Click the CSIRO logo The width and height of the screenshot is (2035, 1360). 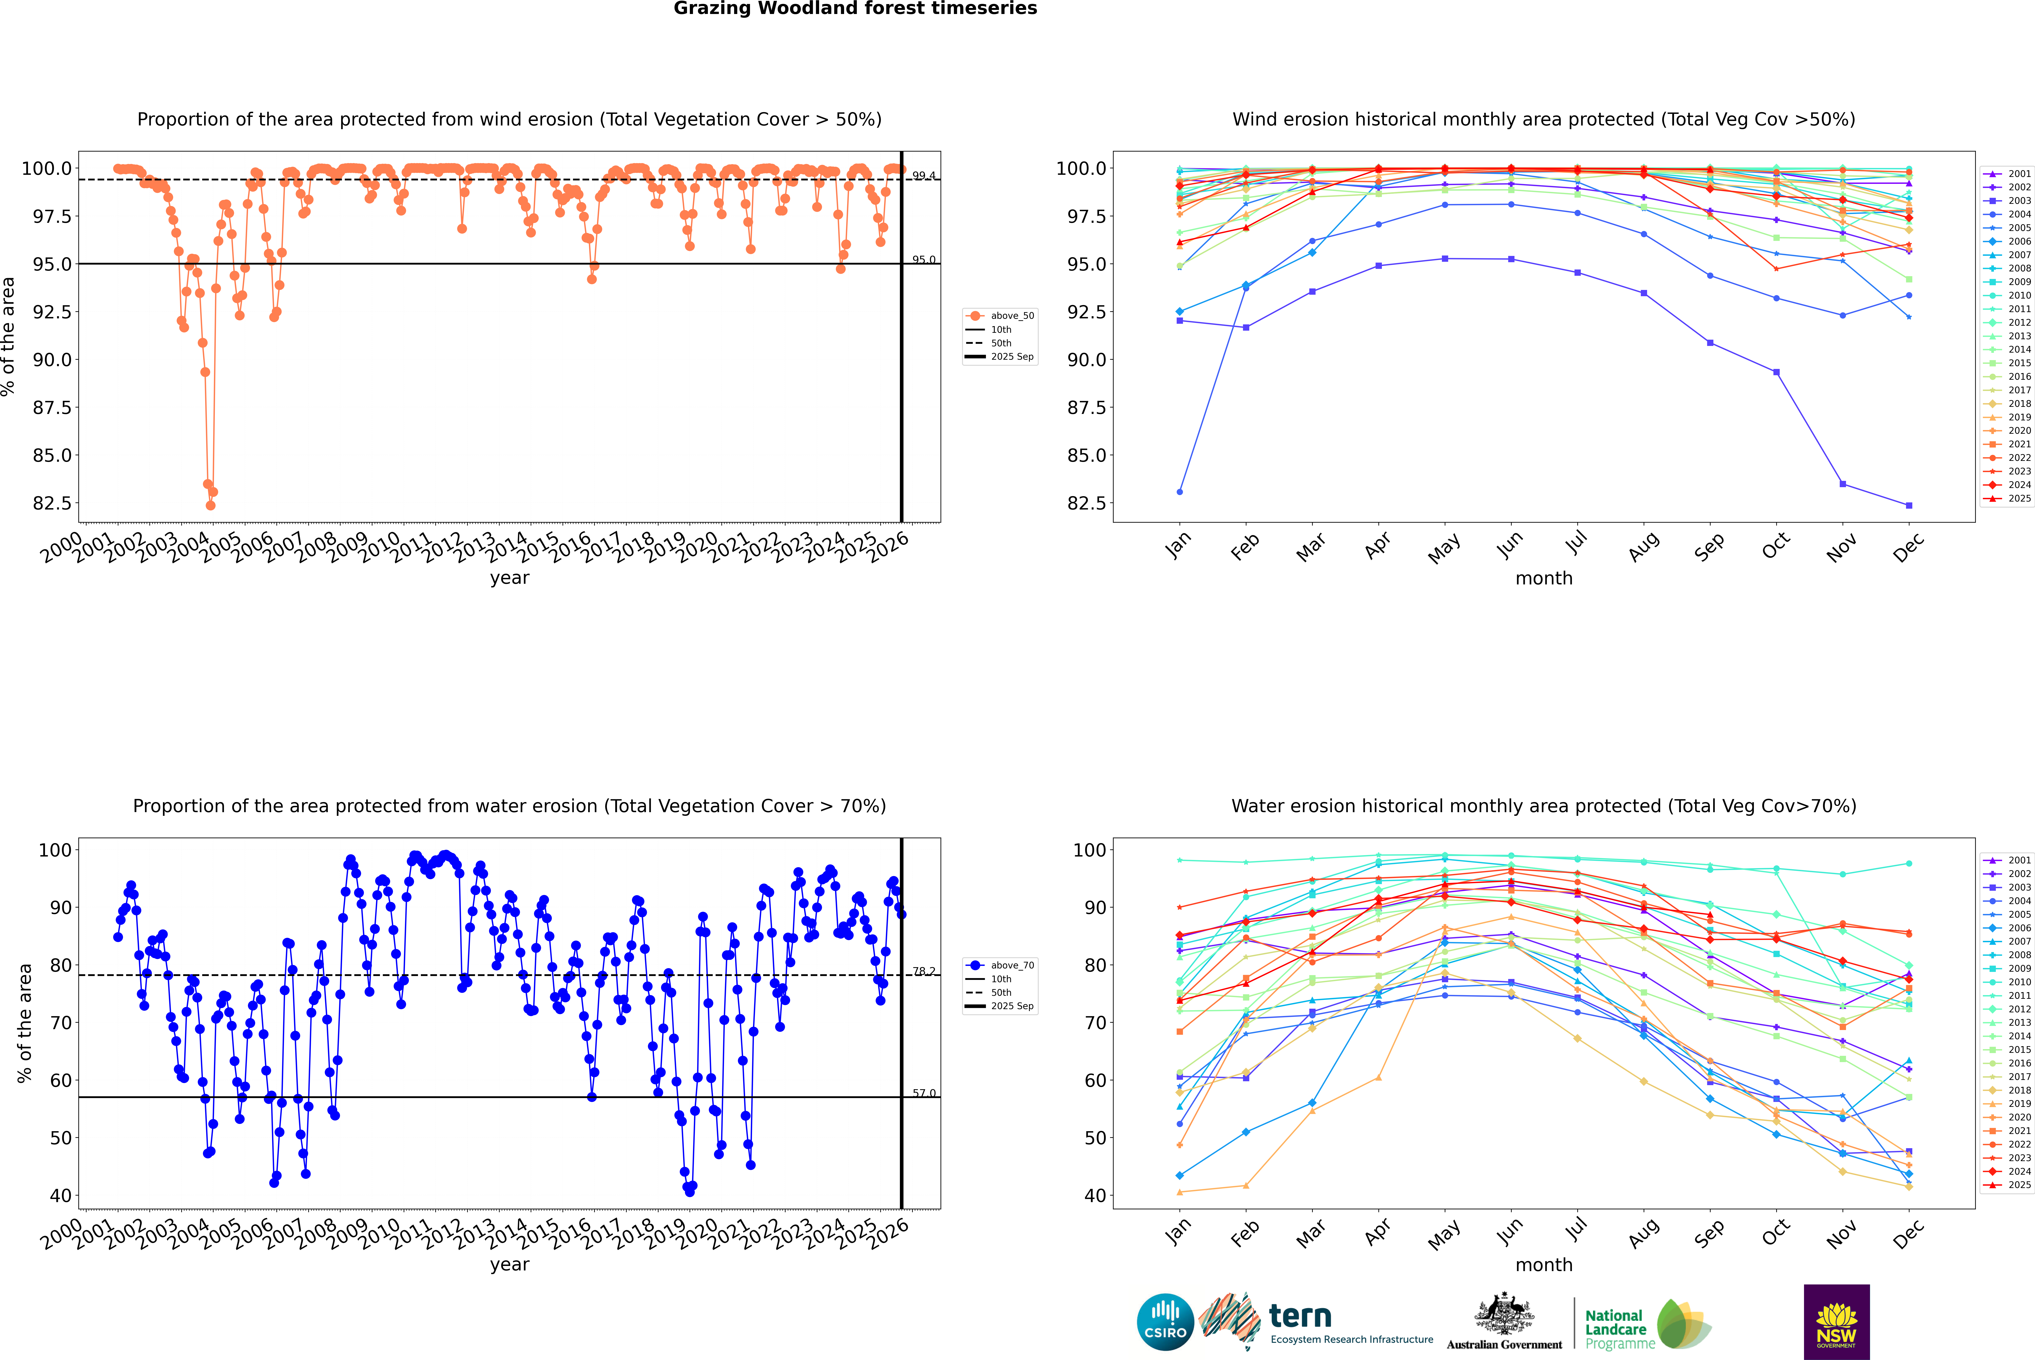coord(1165,1322)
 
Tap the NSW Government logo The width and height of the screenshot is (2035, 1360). coord(1836,1322)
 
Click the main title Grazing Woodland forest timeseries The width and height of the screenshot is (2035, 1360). coord(854,9)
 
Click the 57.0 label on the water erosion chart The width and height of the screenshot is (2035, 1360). coord(924,1094)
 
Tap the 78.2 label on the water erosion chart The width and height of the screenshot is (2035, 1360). coord(924,971)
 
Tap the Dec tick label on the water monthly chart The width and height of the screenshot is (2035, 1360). coord(1908,1234)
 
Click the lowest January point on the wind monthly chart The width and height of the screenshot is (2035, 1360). coord(1180,492)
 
